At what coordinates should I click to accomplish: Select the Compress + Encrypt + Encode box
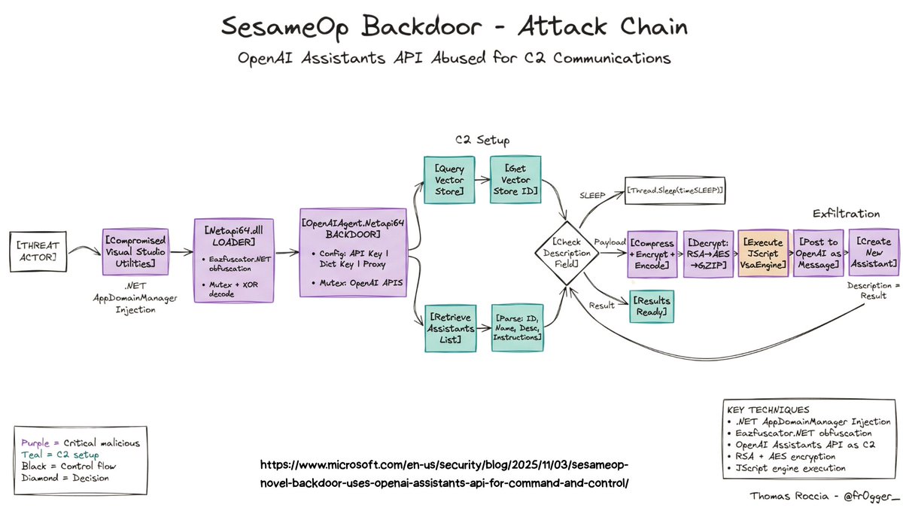pos(652,254)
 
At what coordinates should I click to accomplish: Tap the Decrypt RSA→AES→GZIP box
pos(708,254)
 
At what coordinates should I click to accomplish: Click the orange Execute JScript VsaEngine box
pos(763,254)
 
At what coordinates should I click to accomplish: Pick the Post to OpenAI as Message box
pos(818,254)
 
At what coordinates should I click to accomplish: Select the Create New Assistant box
pos(873,254)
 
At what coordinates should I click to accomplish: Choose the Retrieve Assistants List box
pos(451,327)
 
